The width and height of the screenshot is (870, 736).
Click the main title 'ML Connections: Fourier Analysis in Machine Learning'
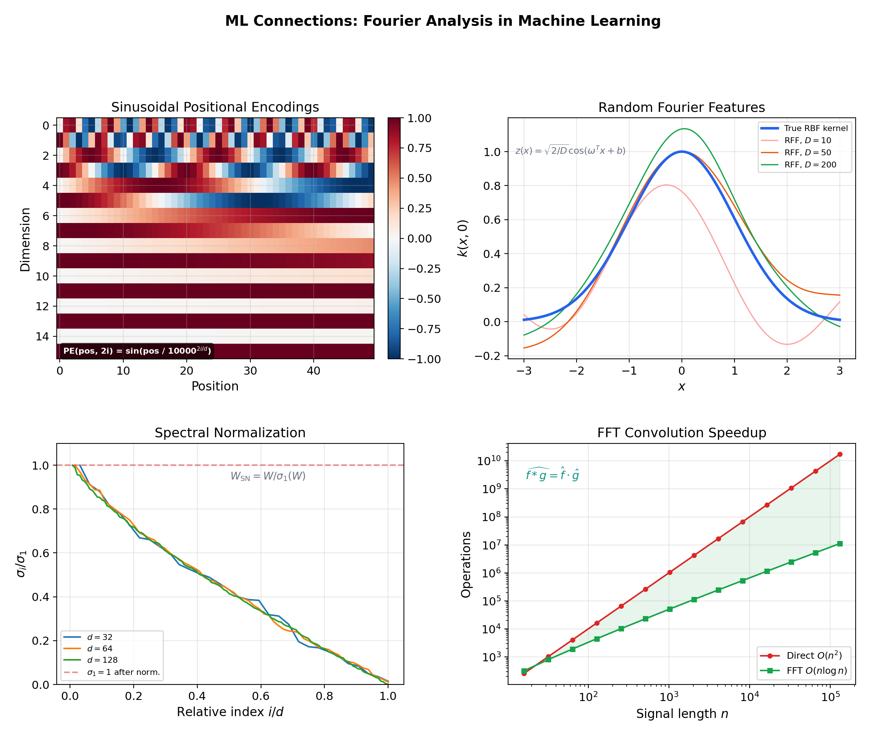(443, 21)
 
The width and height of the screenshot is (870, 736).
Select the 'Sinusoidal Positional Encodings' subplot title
(215, 107)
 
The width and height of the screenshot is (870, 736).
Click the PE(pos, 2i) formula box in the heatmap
(137, 351)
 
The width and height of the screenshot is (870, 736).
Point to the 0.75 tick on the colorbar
(419, 148)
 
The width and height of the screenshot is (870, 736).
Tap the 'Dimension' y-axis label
(25, 240)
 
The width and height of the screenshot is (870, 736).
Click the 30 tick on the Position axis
(250, 371)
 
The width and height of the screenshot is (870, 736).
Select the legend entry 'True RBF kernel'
(815, 128)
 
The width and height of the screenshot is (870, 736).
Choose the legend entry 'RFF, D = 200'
(810, 165)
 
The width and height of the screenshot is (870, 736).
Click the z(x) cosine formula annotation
(570, 151)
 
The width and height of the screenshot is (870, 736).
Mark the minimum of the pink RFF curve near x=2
(787, 344)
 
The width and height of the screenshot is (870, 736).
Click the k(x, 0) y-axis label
(463, 238)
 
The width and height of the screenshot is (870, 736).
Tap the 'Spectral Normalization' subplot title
(230, 433)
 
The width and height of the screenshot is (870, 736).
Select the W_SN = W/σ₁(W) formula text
(268, 476)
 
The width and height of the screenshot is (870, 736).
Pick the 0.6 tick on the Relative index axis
(261, 696)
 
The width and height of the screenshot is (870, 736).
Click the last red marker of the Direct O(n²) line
(839, 454)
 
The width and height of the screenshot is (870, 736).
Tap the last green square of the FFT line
(839, 544)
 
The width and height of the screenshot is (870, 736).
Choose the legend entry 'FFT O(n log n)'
(817, 670)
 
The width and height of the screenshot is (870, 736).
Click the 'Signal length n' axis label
(682, 714)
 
